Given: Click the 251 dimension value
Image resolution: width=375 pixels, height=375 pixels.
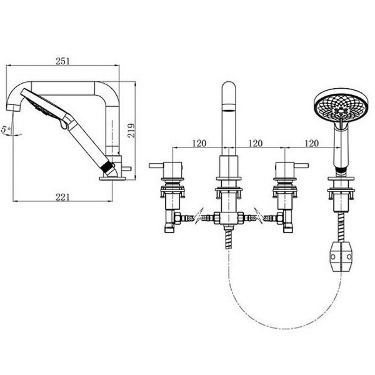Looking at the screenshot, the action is pyautogui.click(x=62, y=61).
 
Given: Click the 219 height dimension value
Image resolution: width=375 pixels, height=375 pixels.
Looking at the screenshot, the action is pyautogui.click(x=131, y=131).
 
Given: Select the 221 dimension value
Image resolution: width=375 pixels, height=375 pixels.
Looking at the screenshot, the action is pyautogui.click(x=62, y=197).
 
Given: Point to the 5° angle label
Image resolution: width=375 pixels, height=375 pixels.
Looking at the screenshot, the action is pyautogui.click(x=6, y=129).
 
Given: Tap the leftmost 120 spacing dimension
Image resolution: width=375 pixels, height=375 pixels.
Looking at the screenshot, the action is pyautogui.click(x=199, y=143).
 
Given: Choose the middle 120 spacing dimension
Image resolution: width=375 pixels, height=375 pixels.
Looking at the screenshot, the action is pyautogui.click(x=256, y=143).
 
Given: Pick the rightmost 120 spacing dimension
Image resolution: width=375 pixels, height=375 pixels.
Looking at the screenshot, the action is pyautogui.click(x=312, y=143).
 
